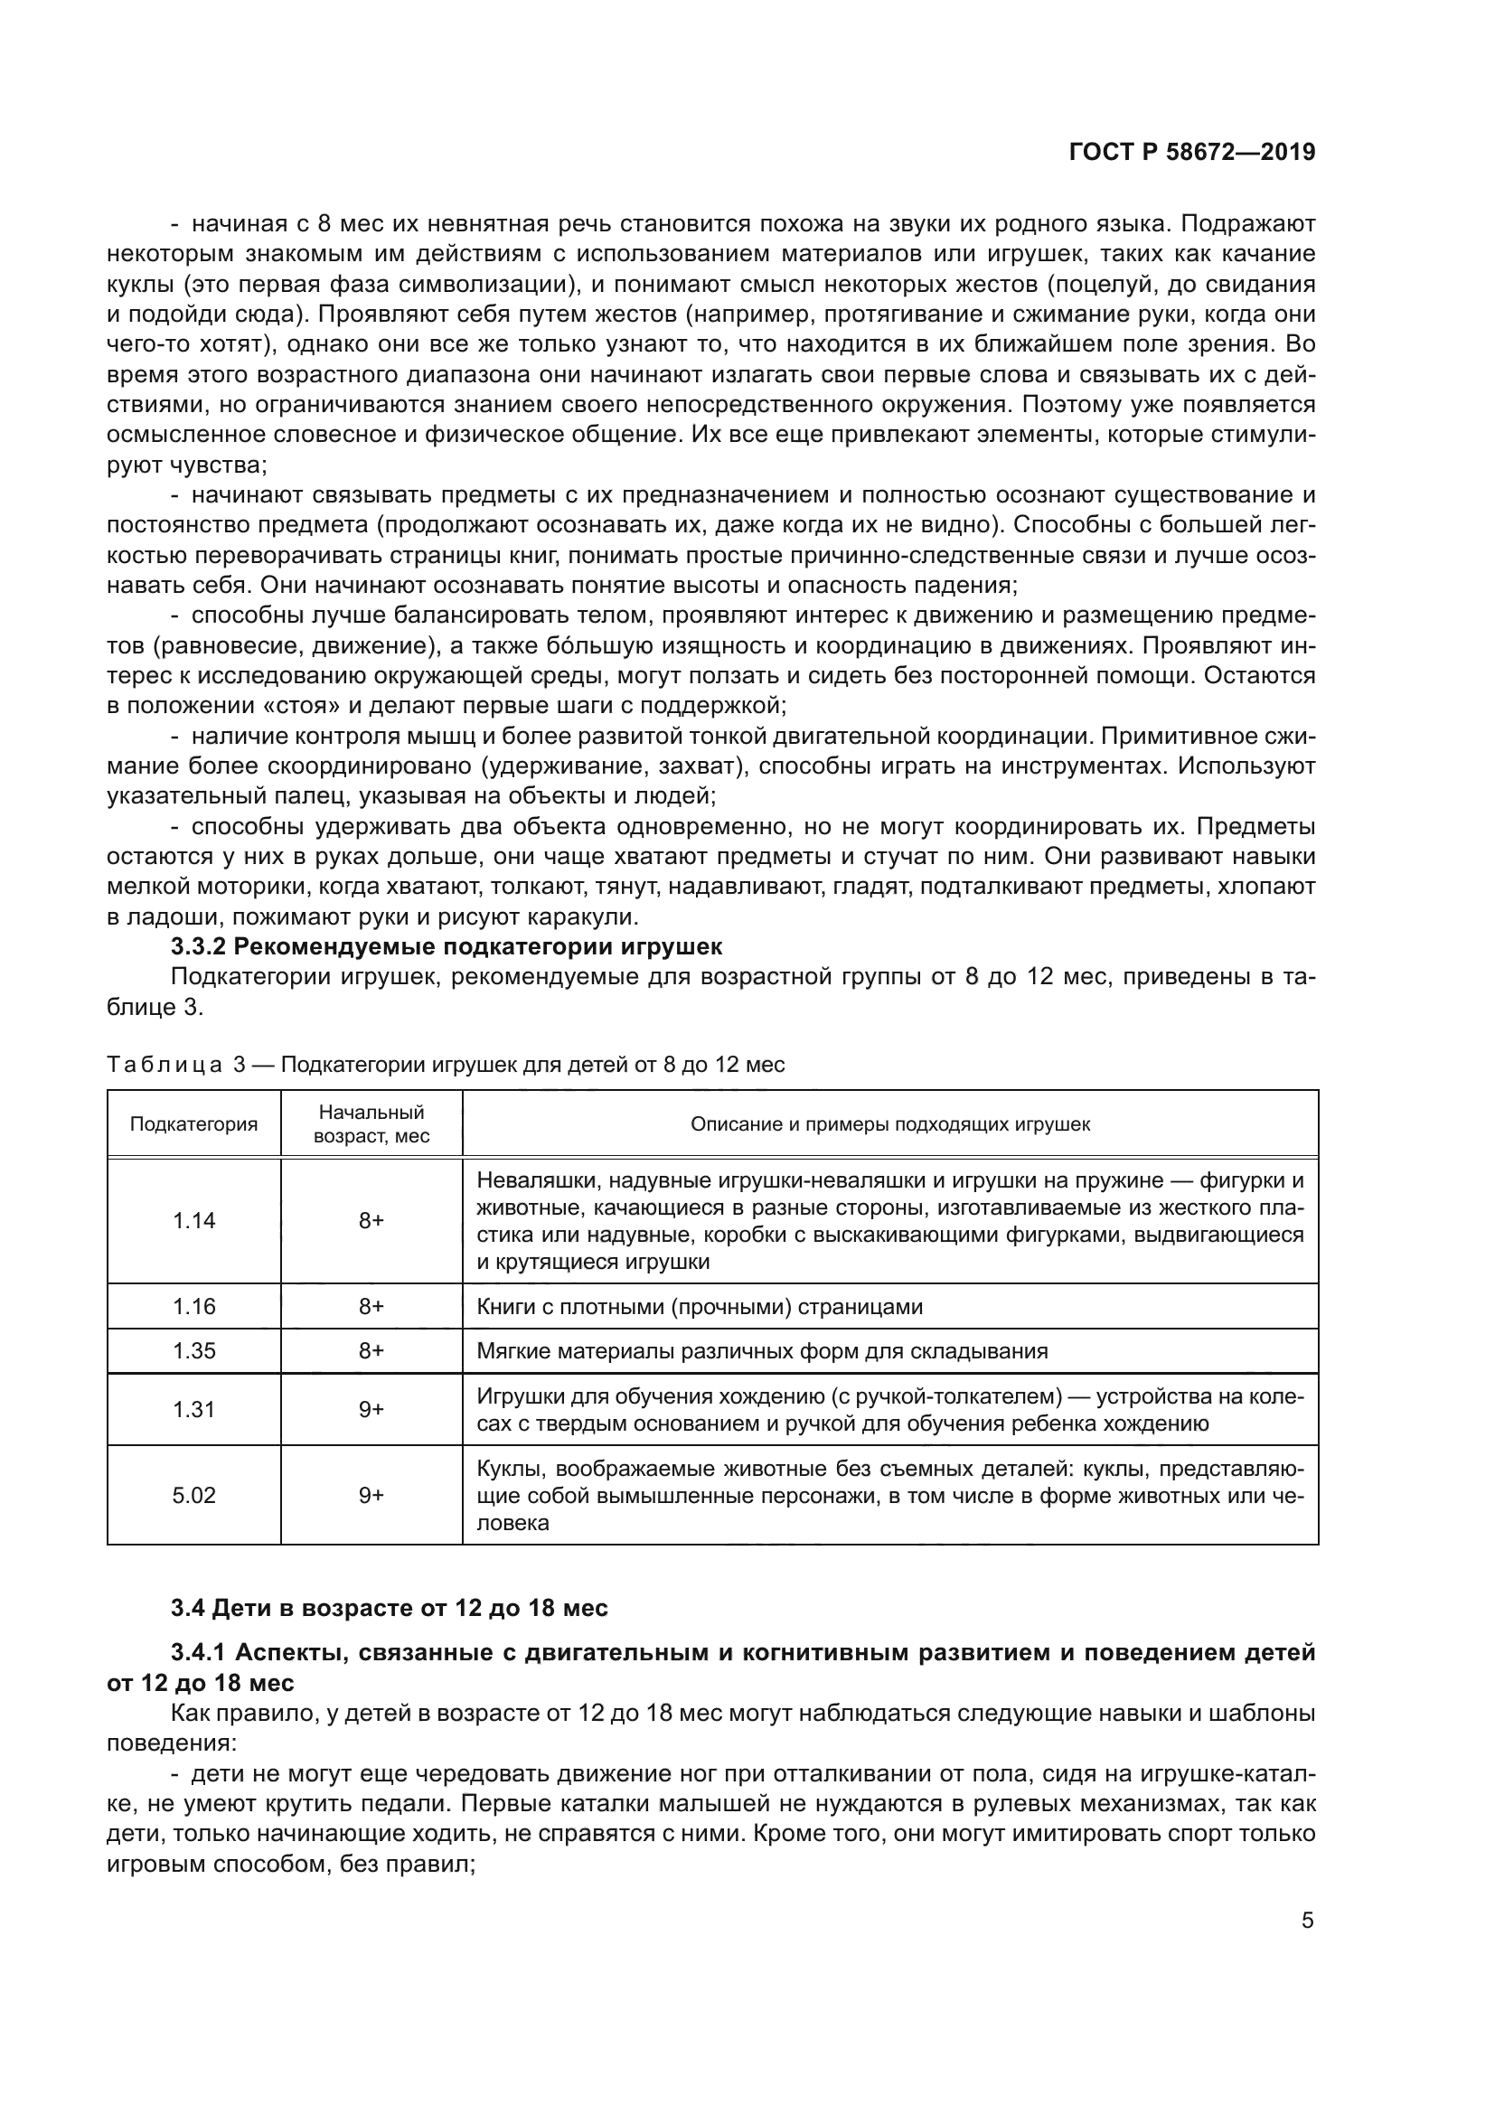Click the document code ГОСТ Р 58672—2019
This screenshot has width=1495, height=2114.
pyautogui.click(x=1191, y=153)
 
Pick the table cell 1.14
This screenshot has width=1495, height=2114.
pyautogui.click(x=193, y=1221)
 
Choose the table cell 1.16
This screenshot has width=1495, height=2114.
pyautogui.click(x=193, y=1307)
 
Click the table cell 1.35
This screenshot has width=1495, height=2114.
pyautogui.click(x=193, y=1350)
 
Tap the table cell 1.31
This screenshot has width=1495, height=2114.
pyautogui.click(x=193, y=1410)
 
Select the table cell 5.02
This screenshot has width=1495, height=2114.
pyautogui.click(x=193, y=1495)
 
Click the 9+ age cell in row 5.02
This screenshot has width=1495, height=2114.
pyautogui.click(x=371, y=1495)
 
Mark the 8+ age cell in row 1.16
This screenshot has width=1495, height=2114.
pyautogui.click(x=371, y=1307)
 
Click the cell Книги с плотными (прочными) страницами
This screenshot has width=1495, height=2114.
pyautogui.click(x=699, y=1307)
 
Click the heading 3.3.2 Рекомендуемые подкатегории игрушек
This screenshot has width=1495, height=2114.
pyautogui.click(x=447, y=946)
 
